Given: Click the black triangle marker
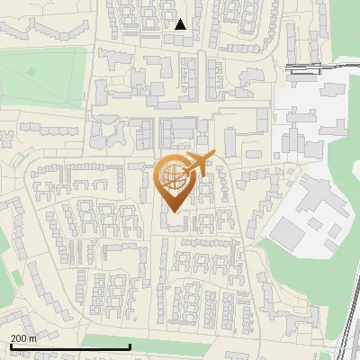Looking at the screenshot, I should point(181,24).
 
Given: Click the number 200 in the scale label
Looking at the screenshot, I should point(20,338).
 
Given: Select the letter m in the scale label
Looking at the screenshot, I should point(33,338).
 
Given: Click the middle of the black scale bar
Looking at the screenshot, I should point(70,346).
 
